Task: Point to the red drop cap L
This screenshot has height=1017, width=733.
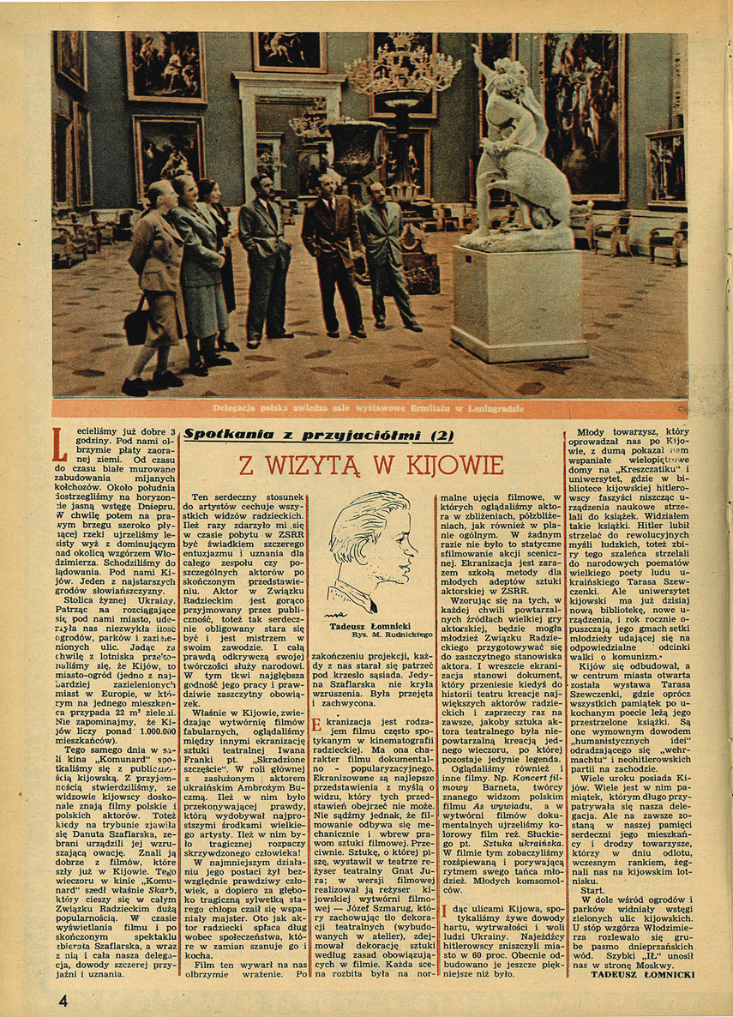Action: [x=59, y=442]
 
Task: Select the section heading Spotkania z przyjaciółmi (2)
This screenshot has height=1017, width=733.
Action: [x=307, y=435]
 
